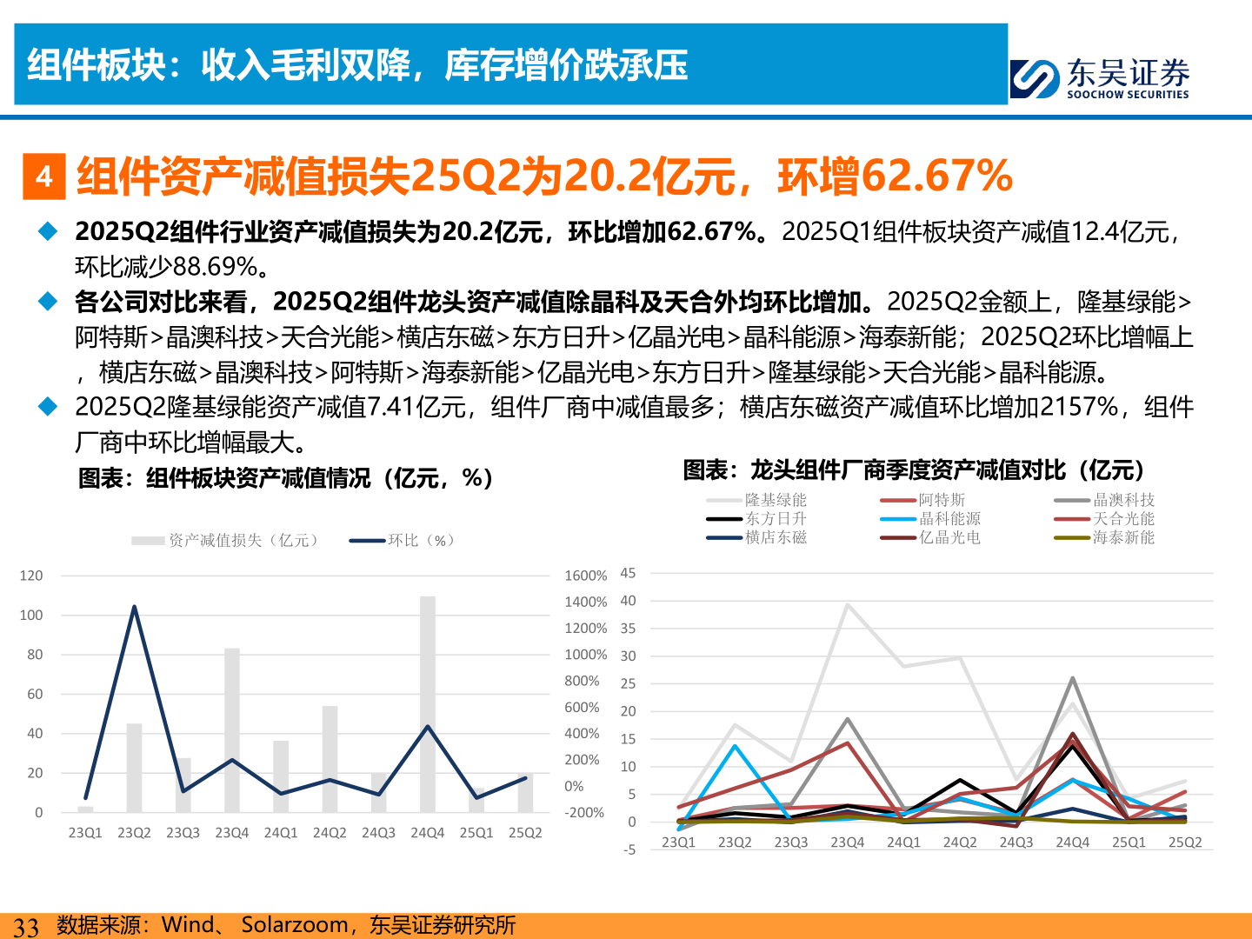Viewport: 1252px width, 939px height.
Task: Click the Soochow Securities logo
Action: [x=1099, y=78]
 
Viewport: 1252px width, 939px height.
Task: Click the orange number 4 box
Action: [x=44, y=177]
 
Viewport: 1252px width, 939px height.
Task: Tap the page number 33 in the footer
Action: [x=26, y=927]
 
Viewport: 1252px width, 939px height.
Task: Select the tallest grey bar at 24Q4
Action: [x=428, y=704]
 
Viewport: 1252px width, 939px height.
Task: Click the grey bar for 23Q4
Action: [x=232, y=730]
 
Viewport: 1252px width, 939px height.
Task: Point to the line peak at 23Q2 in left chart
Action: [x=134, y=607]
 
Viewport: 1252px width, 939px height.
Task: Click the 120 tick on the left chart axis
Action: [x=31, y=576]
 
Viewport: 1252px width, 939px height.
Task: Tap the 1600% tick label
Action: [x=585, y=576]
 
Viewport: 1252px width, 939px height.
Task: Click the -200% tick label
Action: [x=583, y=813]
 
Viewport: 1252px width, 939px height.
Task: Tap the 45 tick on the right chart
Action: [x=628, y=573]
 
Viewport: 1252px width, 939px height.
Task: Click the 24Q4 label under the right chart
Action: [x=1072, y=842]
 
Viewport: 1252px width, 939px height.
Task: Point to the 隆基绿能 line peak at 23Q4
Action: [x=848, y=605]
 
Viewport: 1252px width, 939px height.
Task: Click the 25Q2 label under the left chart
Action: [x=525, y=833]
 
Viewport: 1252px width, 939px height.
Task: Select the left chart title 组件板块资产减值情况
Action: [x=286, y=478]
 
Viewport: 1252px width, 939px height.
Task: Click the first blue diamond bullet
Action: [x=48, y=231]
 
